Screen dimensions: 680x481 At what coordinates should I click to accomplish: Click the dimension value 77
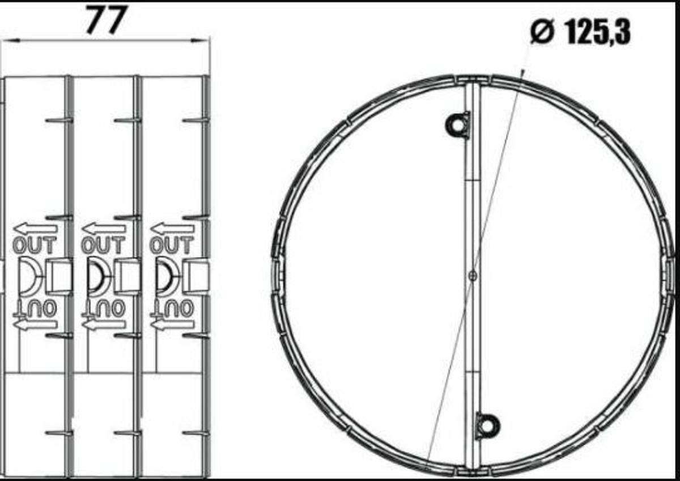tap(105, 20)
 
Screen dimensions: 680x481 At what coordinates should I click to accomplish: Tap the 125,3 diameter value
tap(598, 32)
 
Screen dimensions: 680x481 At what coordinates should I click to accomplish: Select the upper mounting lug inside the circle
tap(458, 125)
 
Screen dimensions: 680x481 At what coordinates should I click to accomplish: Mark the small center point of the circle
tap(473, 275)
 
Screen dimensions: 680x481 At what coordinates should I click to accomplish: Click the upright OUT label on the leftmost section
tap(35, 246)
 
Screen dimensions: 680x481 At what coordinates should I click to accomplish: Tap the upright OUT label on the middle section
tap(103, 246)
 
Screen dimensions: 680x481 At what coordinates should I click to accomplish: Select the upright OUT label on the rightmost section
tap(172, 246)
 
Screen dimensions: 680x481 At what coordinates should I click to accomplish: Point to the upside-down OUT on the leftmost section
tap(35, 309)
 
